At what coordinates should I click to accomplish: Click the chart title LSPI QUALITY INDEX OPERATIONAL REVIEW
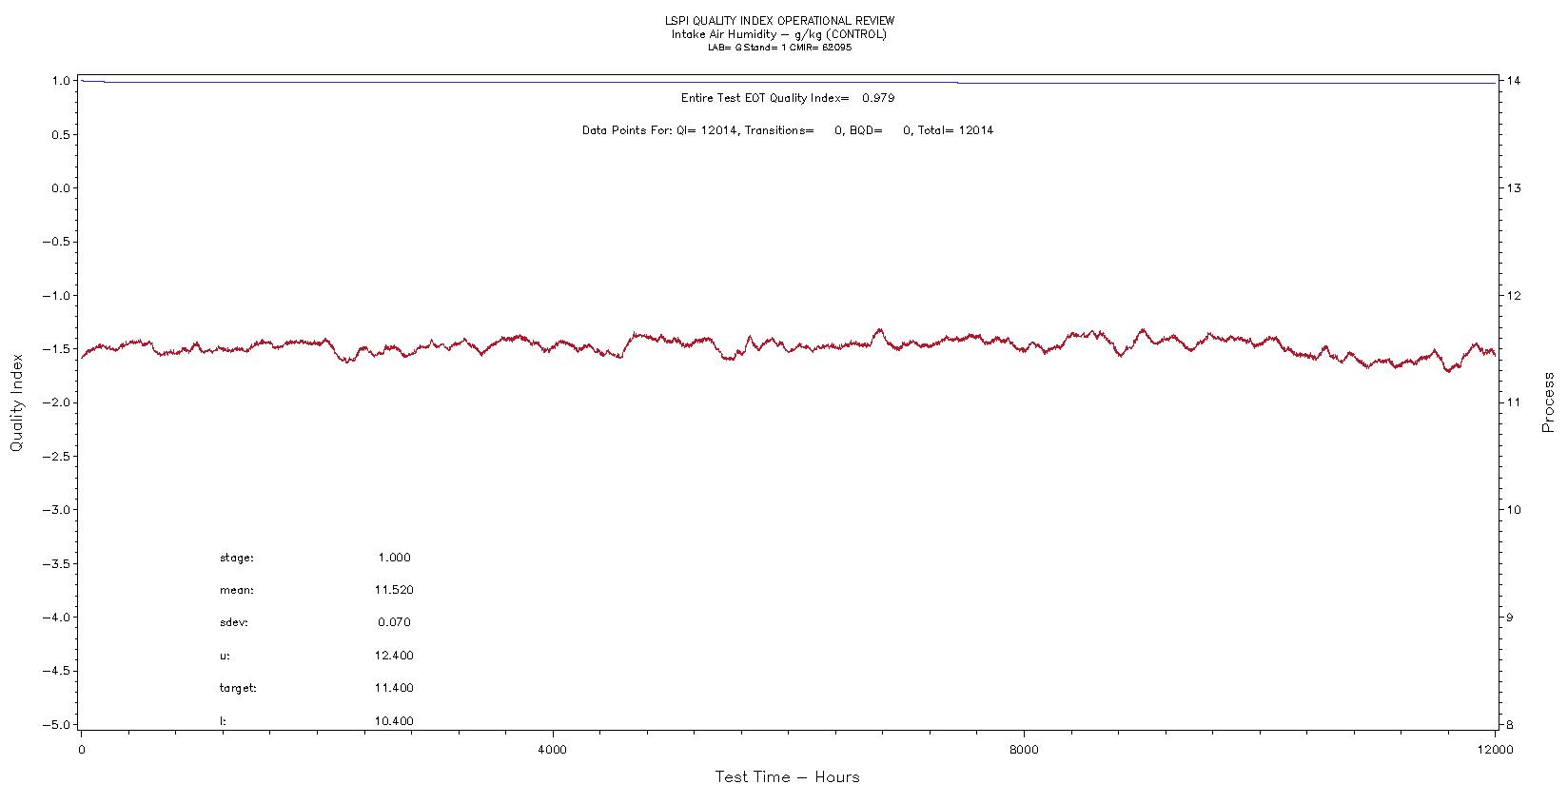pyautogui.click(x=779, y=21)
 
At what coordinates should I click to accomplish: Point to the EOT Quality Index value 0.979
pyautogui.click(x=877, y=98)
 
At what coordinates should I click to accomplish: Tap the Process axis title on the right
pyautogui.click(x=1548, y=402)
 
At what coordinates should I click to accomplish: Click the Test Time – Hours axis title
pyautogui.click(x=787, y=777)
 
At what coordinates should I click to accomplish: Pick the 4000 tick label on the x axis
pyautogui.click(x=552, y=750)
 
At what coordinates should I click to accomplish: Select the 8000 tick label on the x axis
pyautogui.click(x=1024, y=750)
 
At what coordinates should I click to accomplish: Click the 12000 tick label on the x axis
pyautogui.click(x=1495, y=750)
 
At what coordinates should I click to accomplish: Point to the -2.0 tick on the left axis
pyautogui.click(x=58, y=402)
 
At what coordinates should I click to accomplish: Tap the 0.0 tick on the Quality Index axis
pyautogui.click(x=61, y=188)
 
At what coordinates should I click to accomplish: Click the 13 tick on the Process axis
pyautogui.click(x=1514, y=188)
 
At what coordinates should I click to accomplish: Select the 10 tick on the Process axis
pyautogui.click(x=1514, y=510)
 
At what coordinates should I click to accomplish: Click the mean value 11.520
pyautogui.click(x=394, y=590)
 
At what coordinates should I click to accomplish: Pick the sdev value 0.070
pyautogui.click(x=394, y=622)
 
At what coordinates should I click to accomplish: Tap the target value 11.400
pyautogui.click(x=394, y=688)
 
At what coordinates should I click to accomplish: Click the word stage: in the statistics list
pyautogui.click(x=237, y=558)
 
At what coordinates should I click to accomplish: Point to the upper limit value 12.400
pyautogui.click(x=394, y=656)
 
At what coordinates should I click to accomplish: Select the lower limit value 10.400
pyautogui.click(x=394, y=721)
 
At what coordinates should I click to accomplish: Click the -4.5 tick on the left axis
pyautogui.click(x=58, y=671)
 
